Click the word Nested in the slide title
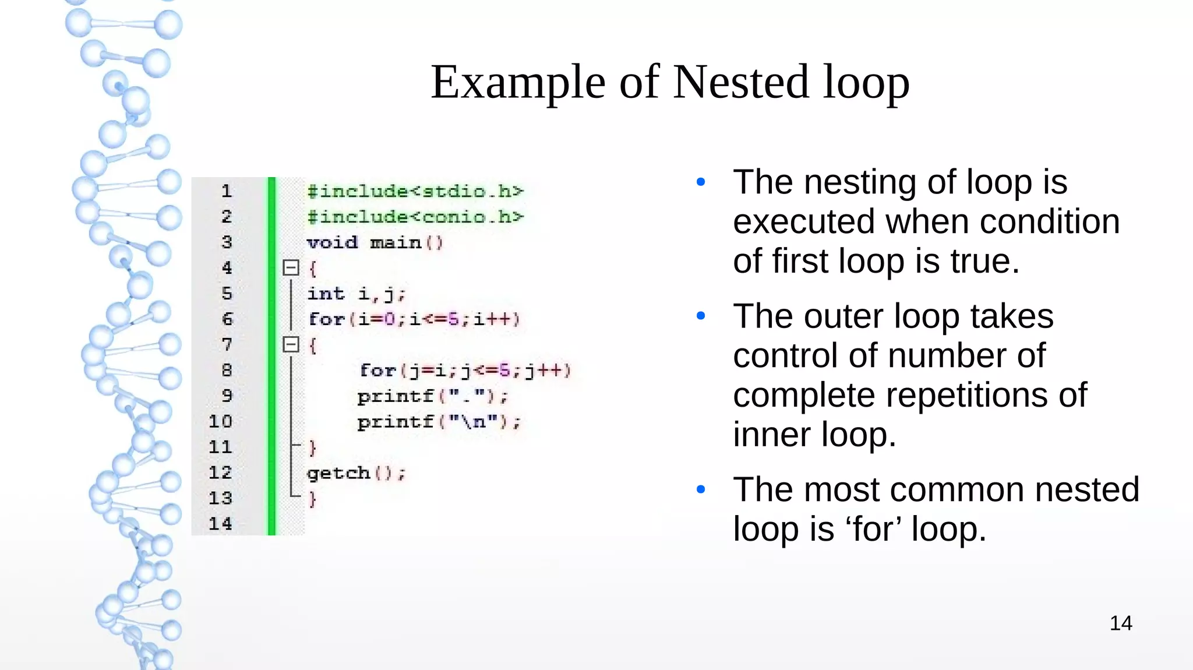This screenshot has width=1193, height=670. tap(740, 82)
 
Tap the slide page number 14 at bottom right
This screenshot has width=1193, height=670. tap(1120, 623)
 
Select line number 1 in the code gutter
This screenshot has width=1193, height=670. tap(227, 191)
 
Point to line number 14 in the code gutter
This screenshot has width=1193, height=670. tap(220, 524)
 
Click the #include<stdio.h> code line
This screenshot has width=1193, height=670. tap(415, 191)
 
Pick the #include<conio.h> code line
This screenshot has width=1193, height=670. tap(415, 217)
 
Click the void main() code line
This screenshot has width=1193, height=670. tap(375, 242)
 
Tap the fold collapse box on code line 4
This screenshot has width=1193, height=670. tap(291, 268)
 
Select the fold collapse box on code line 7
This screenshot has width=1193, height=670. tap(291, 344)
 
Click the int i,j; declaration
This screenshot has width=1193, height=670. tap(356, 294)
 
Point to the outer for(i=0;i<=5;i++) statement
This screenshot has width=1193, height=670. tap(414, 319)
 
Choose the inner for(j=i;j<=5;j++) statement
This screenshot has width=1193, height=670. tap(465, 371)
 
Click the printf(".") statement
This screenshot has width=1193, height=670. tap(433, 396)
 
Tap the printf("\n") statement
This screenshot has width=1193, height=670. tap(439, 422)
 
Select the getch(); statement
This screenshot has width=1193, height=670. tap(356, 473)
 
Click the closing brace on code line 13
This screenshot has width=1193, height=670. tap(313, 499)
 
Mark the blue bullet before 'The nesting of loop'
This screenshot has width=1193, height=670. tap(701, 182)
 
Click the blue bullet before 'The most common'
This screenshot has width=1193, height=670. tap(701, 489)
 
